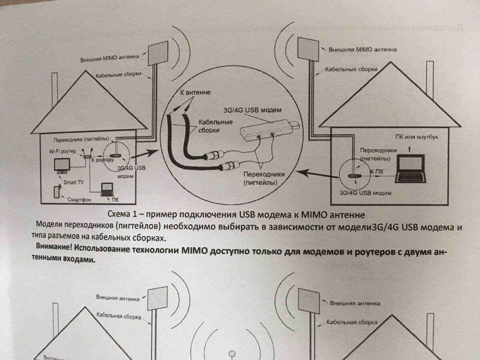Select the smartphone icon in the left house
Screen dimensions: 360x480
[56, 192]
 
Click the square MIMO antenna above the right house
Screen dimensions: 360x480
[309, 51]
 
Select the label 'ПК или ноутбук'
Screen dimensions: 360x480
[416, 138]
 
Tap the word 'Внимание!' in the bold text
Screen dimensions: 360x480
[53, 245]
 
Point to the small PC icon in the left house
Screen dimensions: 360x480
[107, 189]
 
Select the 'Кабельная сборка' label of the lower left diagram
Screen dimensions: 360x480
[119, 316]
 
